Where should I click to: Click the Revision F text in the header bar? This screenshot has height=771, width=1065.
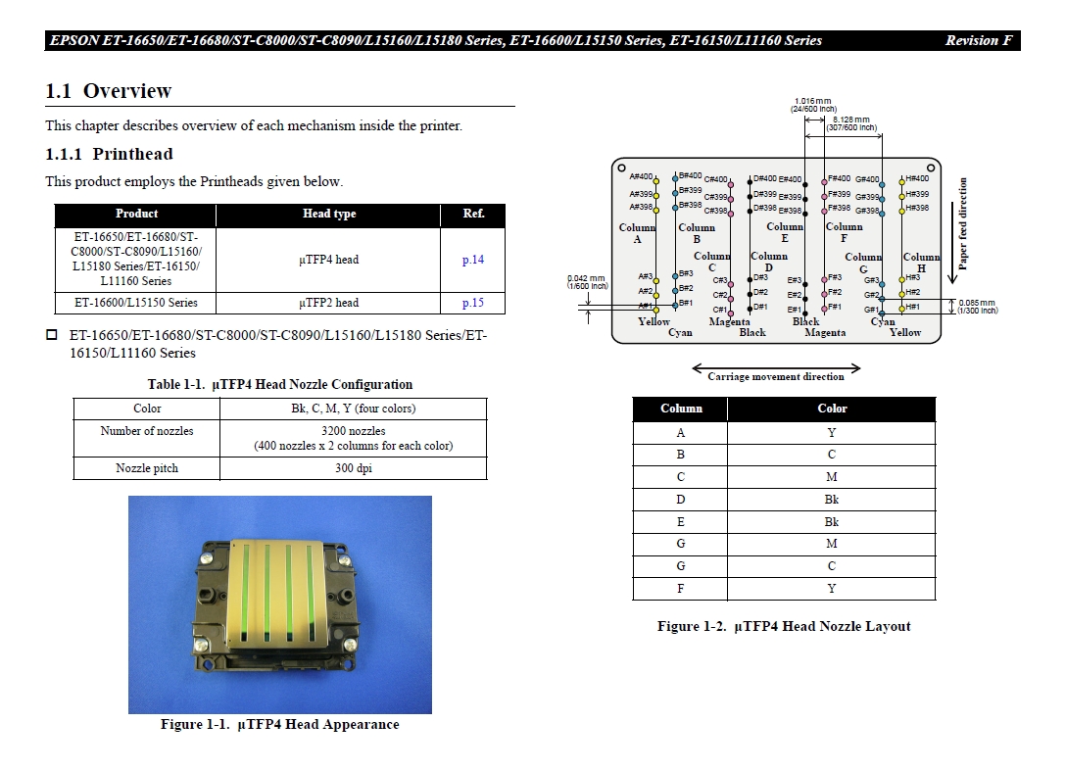[978, 41]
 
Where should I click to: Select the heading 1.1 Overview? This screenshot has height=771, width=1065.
[109, 91]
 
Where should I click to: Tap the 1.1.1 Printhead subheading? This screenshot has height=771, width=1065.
[109, 154]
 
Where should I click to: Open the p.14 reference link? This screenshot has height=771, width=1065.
[473, 260]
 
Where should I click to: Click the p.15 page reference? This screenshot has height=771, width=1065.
[473, 303]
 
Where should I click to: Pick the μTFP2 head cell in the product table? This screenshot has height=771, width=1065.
[328, 303]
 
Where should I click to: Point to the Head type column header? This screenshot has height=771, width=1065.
[329, 214]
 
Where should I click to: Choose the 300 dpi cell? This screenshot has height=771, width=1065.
[353, 468]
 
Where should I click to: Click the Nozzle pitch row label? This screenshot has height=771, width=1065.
[147, 468]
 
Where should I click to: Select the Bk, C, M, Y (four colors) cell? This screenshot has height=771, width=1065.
[353, 409]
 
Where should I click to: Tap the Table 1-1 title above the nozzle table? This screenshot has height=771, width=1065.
[279, 384]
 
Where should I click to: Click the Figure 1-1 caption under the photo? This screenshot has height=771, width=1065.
[279, 725]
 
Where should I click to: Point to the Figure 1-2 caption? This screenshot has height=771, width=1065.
[784, 626]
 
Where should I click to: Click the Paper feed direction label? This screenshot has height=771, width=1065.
[963, 223]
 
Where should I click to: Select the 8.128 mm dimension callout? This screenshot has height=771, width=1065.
[849, 123]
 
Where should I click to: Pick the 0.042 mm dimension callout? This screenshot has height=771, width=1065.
[587, 281]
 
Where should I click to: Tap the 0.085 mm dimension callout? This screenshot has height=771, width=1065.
[977, 306]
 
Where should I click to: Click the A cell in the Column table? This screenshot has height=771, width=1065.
[681, 432]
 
